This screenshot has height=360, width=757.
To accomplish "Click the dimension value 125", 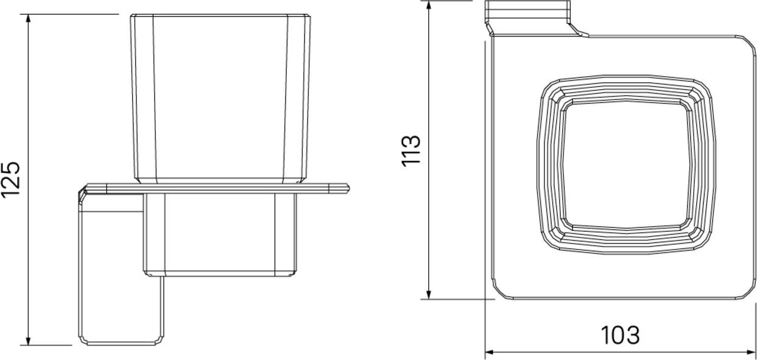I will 11,179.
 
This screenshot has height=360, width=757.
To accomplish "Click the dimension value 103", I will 621,335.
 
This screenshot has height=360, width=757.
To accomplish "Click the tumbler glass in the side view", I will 219,97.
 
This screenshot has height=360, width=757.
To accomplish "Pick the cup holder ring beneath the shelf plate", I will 219,235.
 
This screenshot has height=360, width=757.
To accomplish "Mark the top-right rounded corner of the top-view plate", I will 747,44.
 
